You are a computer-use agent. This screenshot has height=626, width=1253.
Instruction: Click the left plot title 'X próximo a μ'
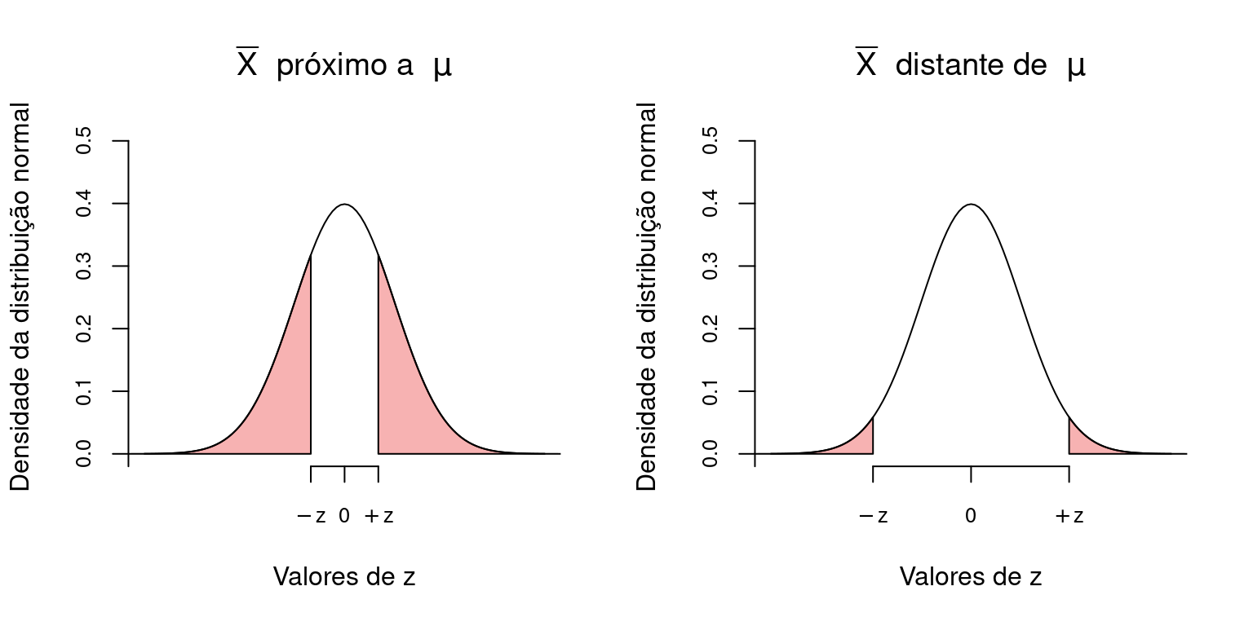(x=343, y=66)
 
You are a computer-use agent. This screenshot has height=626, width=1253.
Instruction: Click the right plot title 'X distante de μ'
(x=970, y=66)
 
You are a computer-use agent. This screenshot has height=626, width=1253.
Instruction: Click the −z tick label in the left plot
(x=311, y=516)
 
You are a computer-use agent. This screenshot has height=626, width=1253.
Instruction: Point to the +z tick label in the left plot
(x=379, y=516)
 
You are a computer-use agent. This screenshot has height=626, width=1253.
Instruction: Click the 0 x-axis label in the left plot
(x=344, y=516)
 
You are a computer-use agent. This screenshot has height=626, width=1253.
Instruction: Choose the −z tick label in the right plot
(x=873, y=516)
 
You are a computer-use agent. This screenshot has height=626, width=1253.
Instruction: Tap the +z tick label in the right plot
(x=1069, y=516)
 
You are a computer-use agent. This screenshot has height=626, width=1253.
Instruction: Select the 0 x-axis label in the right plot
(x=971, y=516)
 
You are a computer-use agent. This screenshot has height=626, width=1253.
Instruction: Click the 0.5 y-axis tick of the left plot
(x=83, y=141)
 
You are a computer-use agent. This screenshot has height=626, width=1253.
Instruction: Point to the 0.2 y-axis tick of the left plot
(x=83, y=328)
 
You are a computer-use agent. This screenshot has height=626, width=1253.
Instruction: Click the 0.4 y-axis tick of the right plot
(x=710, y=204)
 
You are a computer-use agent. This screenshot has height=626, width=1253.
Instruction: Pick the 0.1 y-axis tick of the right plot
(x=710, y=391)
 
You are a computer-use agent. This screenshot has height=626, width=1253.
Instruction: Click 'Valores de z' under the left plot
(x=344, y=577)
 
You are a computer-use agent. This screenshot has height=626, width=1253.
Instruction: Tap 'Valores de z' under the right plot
(x=971, y=577)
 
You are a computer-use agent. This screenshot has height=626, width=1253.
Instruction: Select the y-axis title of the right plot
(x=647, y=297)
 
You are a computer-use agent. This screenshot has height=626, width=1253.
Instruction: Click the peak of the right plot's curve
(x=971, y=205)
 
